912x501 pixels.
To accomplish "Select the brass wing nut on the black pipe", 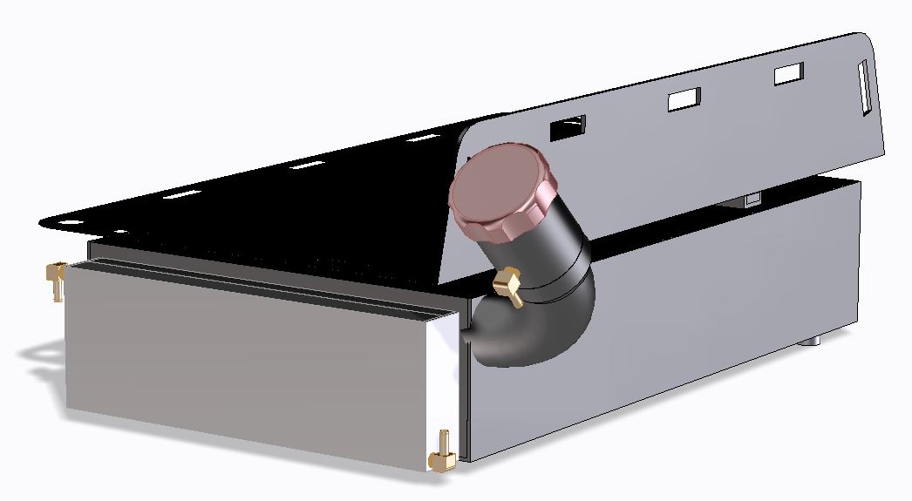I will point(508,285).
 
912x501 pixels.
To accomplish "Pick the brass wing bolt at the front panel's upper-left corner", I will point(56,279).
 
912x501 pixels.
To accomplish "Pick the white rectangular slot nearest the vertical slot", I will point(788,74).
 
